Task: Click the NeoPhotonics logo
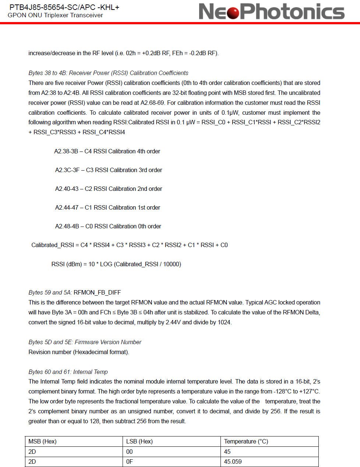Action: pos(271,11)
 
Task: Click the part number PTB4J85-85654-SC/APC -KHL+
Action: pos(64,7)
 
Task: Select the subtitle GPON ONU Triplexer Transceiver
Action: pos(55,15)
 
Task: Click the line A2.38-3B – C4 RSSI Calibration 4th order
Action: pos(107,151)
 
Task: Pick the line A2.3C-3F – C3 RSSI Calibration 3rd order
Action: pos(109,170)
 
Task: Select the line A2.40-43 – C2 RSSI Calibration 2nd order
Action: pos(109,189)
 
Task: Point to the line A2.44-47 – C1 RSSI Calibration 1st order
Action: pos(107,207)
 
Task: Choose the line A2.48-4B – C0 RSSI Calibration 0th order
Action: pos(108,226)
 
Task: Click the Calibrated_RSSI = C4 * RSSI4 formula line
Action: pos(130,245)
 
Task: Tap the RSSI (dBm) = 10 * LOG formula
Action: pos(116,264)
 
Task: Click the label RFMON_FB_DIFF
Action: pos(97,292)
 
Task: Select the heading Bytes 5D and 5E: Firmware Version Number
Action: pos(85,342)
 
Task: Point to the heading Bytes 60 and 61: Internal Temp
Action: pos(68,372)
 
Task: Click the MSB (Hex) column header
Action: pos(42,441)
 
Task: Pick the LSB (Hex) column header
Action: pos(140,441)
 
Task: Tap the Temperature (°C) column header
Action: pos(246,441)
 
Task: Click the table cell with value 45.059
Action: pos(233,461)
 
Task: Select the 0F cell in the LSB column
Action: pos(130,461)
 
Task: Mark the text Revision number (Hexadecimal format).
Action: pos(79,352)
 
